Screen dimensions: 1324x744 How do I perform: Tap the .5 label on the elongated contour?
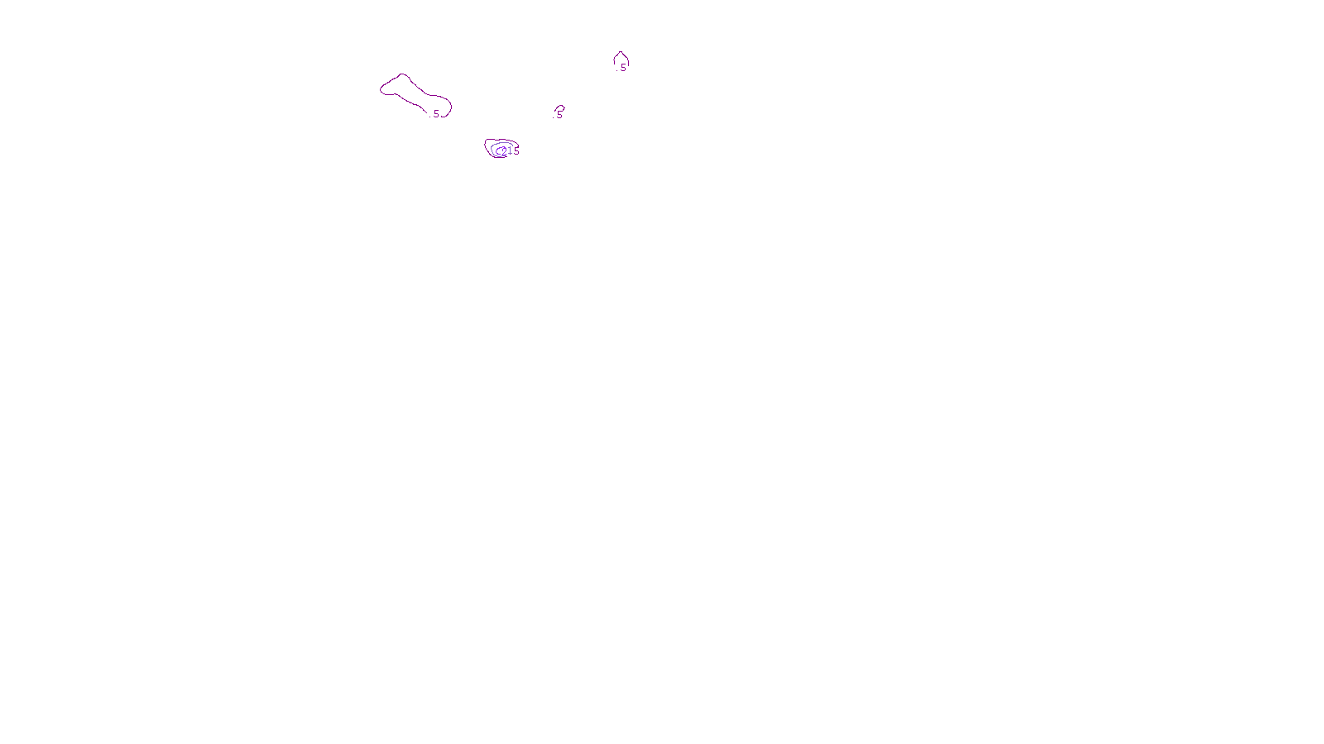tap(435, 114)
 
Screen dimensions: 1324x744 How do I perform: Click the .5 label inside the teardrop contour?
tap(622, 68)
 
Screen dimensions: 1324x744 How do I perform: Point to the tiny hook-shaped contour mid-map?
tap(562, 107)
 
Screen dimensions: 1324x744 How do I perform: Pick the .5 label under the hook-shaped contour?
tap(559, 116)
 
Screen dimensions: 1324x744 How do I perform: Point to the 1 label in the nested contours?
tap(510, 150)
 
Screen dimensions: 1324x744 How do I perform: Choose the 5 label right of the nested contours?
tap(516, 151)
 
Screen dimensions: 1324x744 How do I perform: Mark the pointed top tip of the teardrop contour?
tap(621, 52)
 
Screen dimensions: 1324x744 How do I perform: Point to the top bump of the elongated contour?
tap(403, 74)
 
